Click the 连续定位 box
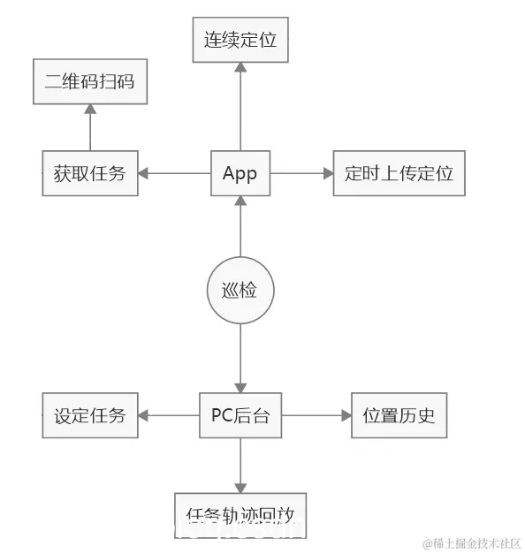click(240, 40)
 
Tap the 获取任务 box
click(89, 173)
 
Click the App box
click(240, 173)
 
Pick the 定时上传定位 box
click(399, 173)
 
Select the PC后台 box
click(240, 414)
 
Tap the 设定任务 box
click(89, 414)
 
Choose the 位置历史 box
click(399, 414)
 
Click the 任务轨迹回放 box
click(240, 514)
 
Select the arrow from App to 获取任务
click(174, 173)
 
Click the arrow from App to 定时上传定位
click(301, 173)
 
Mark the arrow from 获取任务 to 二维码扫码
click(89, 127)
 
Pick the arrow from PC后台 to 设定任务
click(168, 414)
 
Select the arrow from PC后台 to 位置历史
click(316, 414)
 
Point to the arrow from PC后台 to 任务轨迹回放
click(240, 465)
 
